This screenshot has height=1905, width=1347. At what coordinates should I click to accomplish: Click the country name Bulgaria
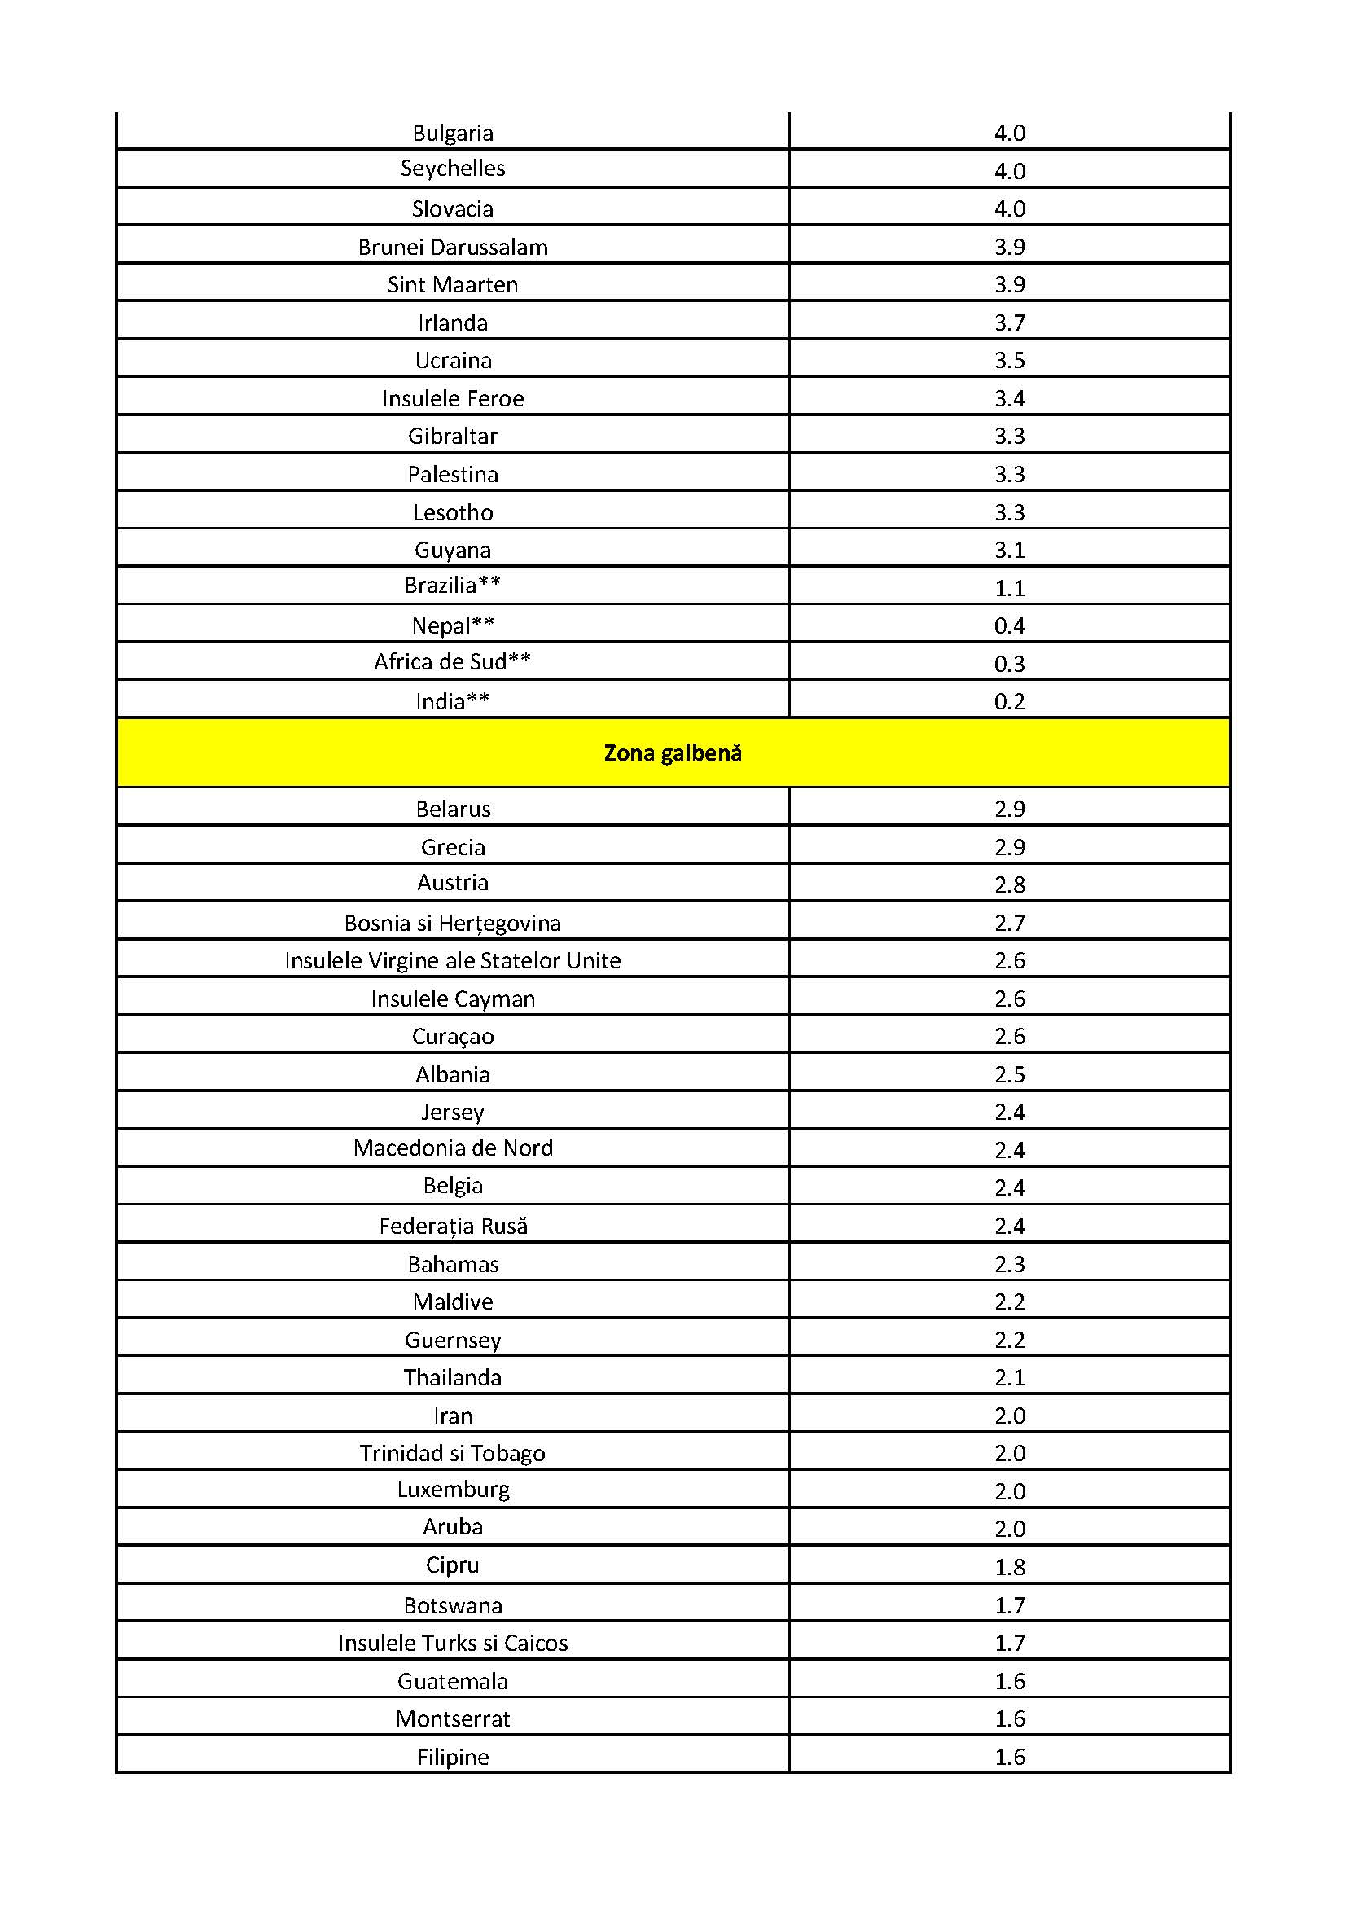(453, 133)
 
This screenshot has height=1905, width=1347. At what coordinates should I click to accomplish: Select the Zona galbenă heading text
(673, 753)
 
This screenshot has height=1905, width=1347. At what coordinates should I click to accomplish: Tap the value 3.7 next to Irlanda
(1009, 323)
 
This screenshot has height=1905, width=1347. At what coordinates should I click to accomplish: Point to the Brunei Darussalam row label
(453, 248)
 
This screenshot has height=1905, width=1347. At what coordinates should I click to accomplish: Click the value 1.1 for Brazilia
(1009, 588)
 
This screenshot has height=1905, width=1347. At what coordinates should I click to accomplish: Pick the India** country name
(453, 702)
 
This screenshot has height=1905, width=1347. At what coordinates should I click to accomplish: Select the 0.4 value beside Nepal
(1009, 625)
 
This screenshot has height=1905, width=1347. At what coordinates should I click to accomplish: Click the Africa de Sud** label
(453, 662)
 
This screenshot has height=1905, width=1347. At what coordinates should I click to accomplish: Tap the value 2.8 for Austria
(1009, 884)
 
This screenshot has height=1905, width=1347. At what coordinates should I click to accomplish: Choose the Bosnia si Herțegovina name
(453, 924)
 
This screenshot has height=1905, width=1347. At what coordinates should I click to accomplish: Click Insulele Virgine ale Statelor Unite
(453, 961)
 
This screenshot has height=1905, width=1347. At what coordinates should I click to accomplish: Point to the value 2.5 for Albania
(1009, 1074)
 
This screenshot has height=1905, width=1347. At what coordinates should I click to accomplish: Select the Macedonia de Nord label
(453, 1148)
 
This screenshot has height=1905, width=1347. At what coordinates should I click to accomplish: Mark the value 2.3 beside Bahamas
(1009, 1265)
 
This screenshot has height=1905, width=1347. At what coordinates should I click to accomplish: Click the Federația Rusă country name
(453, 1227)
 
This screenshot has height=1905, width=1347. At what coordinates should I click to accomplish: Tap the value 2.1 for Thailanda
(1009, 1378)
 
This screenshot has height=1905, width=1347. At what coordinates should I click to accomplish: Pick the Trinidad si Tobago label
(453, 1454)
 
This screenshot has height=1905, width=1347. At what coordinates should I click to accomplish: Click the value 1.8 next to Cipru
(1009, 1567)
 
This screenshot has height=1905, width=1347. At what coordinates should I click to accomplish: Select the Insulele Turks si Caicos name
(453, 1644)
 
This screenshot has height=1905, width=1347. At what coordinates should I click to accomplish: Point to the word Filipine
(453, 1758)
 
